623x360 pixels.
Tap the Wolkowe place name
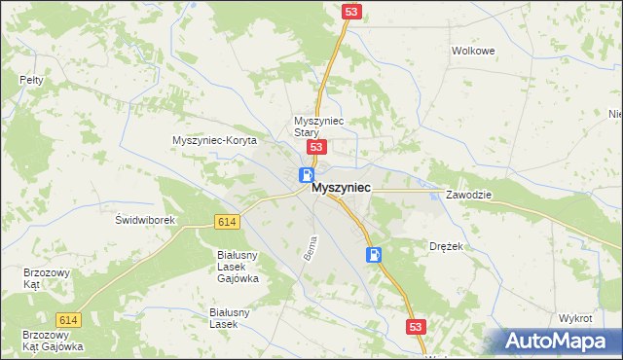coord(474,51)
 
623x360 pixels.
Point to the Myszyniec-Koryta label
coord(214,140)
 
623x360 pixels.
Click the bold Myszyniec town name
coord(340,192)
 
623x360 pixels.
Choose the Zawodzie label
coord(469,195)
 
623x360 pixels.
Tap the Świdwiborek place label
coord(145,220)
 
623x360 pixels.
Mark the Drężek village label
coord(446,247)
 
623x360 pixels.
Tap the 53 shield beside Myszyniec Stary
coord(315,147)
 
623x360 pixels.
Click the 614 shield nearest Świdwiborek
coord(227,223)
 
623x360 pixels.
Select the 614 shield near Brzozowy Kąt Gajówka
coord(68,320)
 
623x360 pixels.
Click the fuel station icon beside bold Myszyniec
coord(306,176)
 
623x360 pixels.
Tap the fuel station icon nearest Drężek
coord(374,255)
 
